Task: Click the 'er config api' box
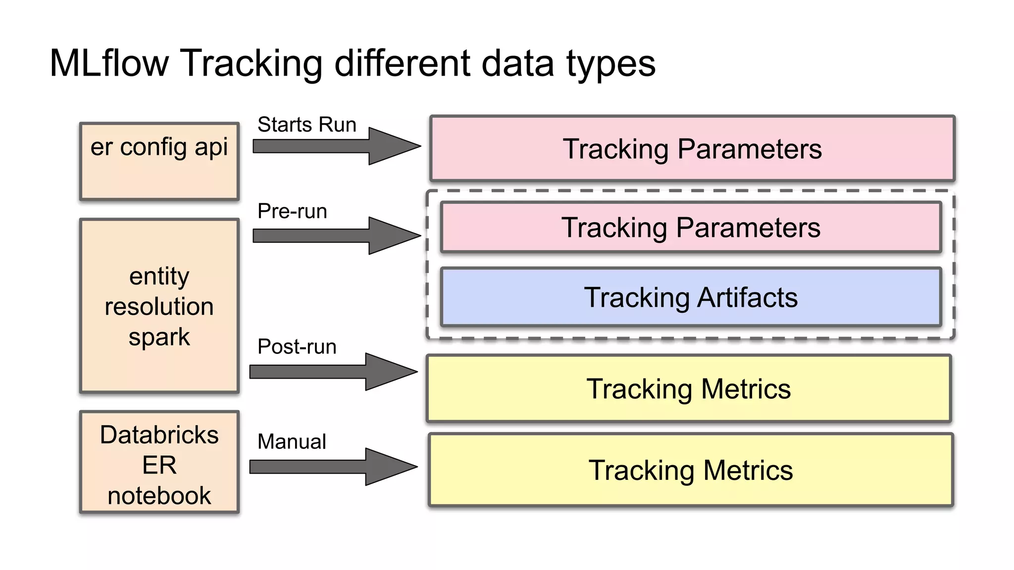(159, 161)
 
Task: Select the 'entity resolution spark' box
(159, 306)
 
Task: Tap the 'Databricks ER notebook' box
(159, 462)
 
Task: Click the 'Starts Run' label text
(307, 125)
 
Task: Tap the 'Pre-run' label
(292, 211)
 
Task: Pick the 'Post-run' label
(297, 346)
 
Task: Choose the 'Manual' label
(292, 441)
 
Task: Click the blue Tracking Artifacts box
(691, 297)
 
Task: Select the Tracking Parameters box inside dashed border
(691, 228)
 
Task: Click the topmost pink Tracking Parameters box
(692, 148)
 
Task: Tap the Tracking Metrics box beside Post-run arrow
(689, 388)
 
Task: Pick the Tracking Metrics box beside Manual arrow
(691, 470)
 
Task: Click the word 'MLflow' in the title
(109, 63)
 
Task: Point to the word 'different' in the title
(402, 63)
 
